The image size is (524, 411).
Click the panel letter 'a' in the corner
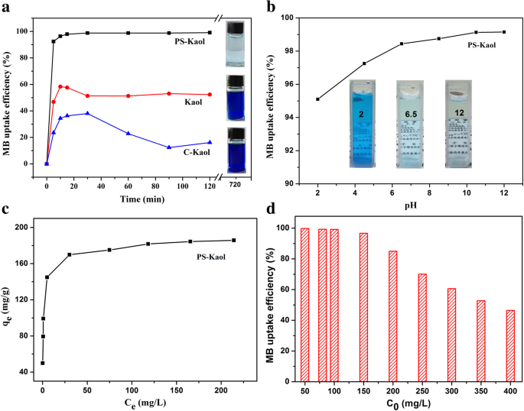coord(5,7)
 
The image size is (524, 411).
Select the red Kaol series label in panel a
coord(193,102)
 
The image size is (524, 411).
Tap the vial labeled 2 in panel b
coord(361,121)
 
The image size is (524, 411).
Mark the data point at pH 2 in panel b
coord(317,99)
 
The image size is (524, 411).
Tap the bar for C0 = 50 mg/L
coord(304,304)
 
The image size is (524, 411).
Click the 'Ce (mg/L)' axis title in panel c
coord(138,403)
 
